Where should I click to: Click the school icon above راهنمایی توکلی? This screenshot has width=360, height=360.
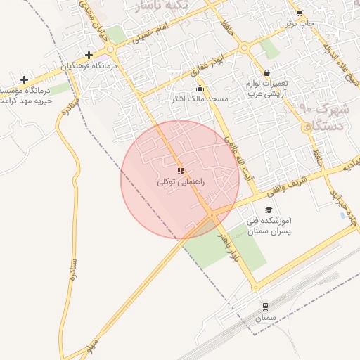click(181, 171)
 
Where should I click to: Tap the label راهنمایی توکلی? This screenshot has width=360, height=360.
click(180, 182)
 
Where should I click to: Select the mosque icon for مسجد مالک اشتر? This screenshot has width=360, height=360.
click(200, 89)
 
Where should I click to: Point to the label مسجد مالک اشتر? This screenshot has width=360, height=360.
click(200, 99)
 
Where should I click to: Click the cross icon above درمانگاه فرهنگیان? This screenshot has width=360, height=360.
click(89, 55)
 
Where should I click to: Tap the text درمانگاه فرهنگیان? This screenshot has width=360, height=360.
click(89, 65)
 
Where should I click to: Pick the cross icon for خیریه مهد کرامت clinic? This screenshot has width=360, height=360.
click(25, 79)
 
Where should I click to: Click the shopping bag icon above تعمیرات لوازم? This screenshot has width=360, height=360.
click(266, 72)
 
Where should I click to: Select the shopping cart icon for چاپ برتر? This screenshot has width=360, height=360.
click(300, 13)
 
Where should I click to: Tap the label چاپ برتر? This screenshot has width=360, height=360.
click(300, 23)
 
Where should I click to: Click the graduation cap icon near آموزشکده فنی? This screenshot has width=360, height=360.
click(268, 210)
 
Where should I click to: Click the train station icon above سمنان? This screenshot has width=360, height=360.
click(265, 307)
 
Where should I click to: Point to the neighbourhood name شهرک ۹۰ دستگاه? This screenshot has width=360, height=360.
click(324, 117)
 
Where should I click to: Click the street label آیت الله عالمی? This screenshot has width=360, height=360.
click(237, 156)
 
